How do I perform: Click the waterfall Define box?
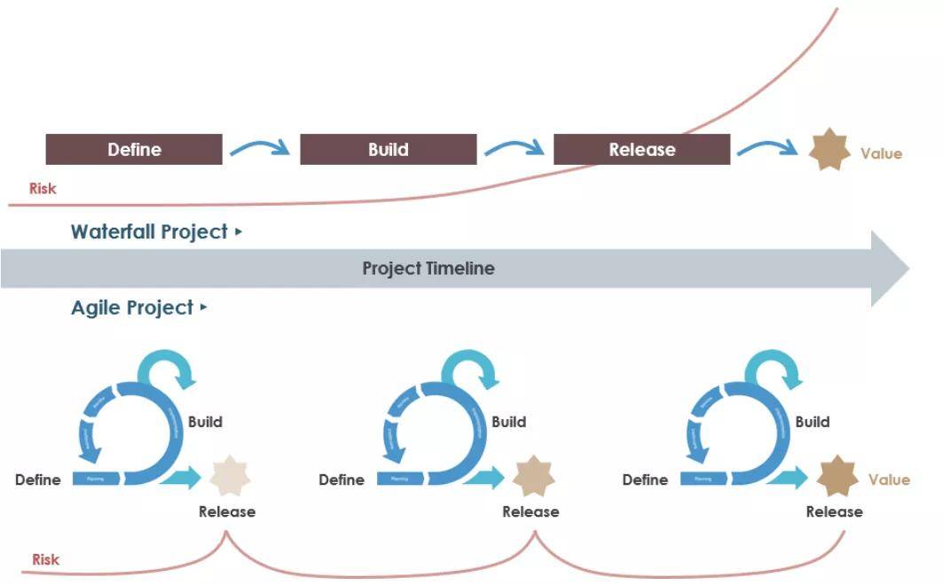point(134,150)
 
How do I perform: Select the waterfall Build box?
point(389,150)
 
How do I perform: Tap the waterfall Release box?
point(641,150)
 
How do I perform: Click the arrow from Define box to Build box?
point(260,146)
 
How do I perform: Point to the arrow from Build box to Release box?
point(515,146)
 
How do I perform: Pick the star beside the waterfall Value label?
point(829,150)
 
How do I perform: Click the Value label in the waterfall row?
point(881,153)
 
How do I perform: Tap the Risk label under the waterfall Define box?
point(43,188)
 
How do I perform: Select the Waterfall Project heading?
point(150,232)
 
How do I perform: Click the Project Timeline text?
point(428,268)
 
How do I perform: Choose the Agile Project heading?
point(132,308)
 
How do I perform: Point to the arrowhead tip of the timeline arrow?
point(908,268)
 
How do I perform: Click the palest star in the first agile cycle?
point(230,476)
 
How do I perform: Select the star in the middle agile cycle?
point(533,476)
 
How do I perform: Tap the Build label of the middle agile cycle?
point(508,422)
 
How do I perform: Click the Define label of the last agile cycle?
point(645,480)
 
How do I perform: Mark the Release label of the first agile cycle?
point(227,511)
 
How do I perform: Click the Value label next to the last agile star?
point(889,480)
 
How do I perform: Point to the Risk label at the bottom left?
point(45,559)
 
